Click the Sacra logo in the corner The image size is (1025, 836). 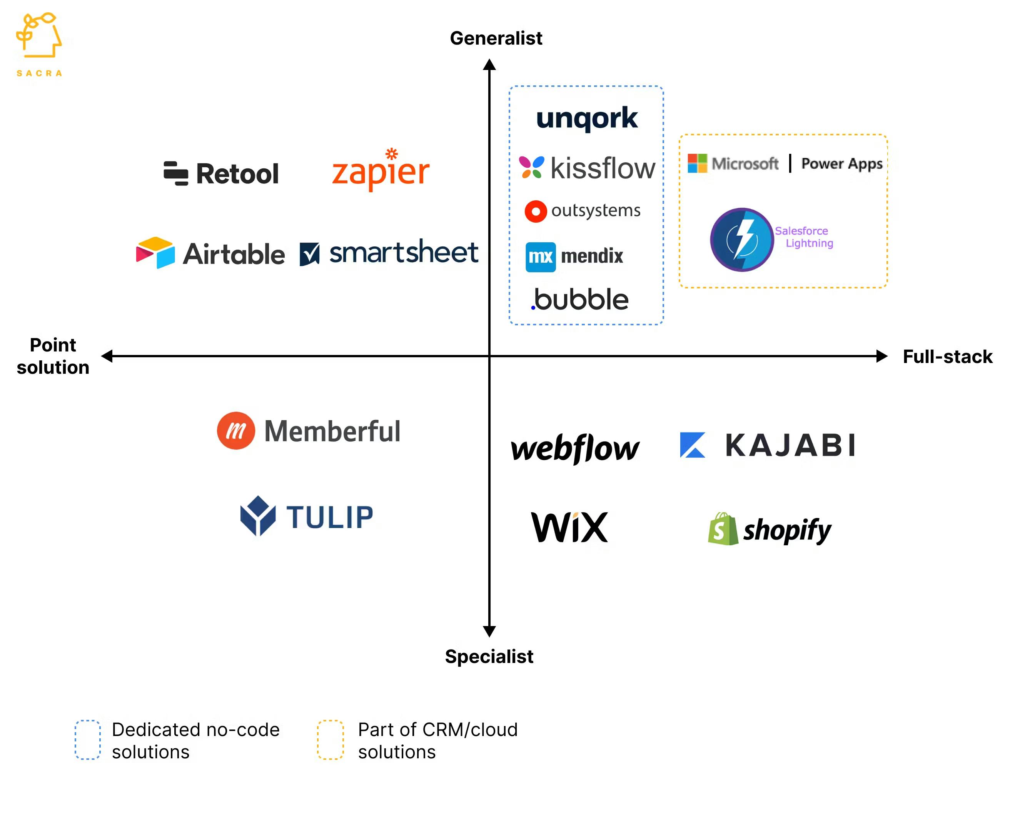pos(39,44)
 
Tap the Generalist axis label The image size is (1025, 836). pos(496,38)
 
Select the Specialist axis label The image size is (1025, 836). pos(489,656)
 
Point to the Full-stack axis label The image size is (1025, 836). pos(947,356)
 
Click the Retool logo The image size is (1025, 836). pos(221,173)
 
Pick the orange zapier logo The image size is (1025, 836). pos(380,171)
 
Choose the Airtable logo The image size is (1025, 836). pos(210,253)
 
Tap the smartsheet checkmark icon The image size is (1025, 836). pos(309,254)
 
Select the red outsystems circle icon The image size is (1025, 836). pos(535,211)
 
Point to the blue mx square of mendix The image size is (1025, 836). pos(540,256)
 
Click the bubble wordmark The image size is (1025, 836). pos(581,300)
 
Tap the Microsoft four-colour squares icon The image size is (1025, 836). pos(697,163)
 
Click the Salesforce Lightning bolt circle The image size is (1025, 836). pos(742,239)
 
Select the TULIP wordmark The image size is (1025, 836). pos(330,517)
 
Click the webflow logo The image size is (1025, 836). pos(575,448)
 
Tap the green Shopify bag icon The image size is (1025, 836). pos(722,529)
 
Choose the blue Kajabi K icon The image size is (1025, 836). pos(692,445)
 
